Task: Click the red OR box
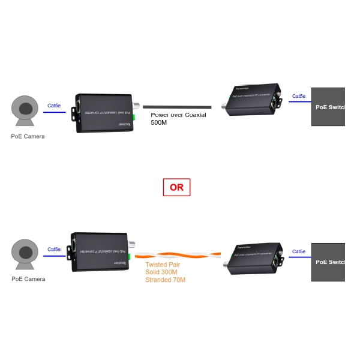coord(176,187)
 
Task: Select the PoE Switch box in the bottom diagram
coord(328,262)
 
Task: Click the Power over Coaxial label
coord(178,115)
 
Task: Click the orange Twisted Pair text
coord(163,265)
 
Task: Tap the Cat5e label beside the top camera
coord(54,106)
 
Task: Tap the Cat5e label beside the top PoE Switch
coord(298,96)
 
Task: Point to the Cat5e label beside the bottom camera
coord(54,250)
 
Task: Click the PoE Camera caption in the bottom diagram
coord(28,279)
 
